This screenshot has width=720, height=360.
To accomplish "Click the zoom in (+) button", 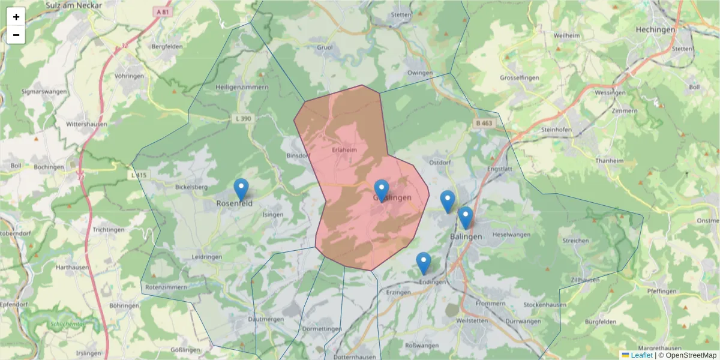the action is click(16, 17).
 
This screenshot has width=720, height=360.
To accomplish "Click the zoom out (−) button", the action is click(16, 35).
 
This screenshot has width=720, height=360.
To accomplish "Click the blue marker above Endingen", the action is click(424, 263).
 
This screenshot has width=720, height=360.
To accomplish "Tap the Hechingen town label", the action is click(656, 29).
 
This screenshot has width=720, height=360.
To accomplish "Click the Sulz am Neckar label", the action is click(74, 5).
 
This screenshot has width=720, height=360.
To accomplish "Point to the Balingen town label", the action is click(466, 236).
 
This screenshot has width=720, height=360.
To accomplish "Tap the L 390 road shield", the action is click(244, 119).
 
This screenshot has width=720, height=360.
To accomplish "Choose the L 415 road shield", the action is click(139, 175).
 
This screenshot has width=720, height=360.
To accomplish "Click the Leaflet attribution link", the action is click(641, 355).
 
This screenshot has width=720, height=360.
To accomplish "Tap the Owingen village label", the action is click(420, 73).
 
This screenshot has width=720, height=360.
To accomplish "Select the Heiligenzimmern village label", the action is click(242, 87).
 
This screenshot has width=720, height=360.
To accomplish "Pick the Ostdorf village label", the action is click(440, 162).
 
